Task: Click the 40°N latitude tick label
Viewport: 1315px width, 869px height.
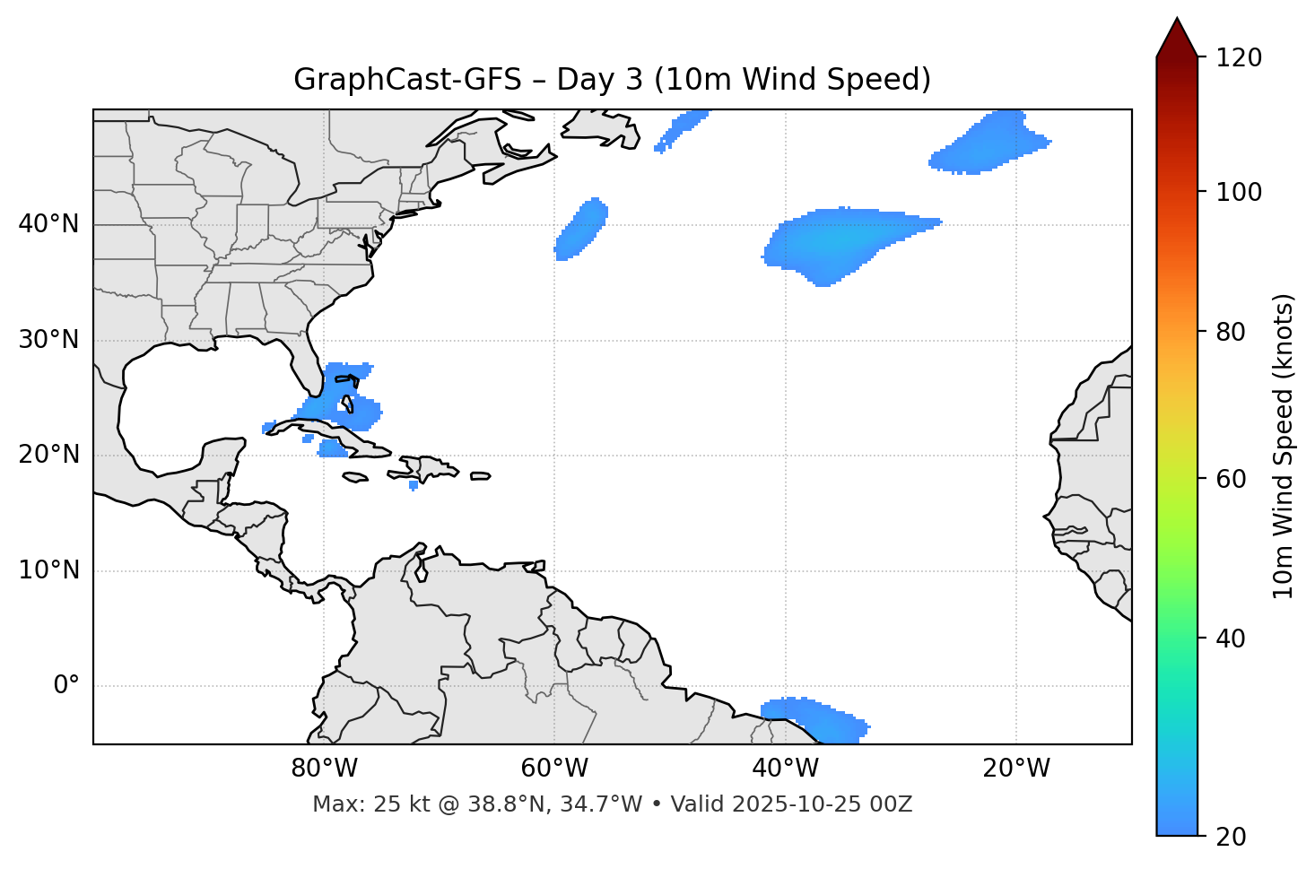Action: coord(48,224)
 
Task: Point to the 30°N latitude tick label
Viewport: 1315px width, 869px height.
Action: coord(48,340)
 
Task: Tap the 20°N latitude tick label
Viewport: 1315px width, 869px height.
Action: coord(48,455)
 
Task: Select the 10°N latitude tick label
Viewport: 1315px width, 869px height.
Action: coord(48,570)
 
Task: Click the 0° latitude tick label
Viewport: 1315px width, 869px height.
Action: coord(66,686)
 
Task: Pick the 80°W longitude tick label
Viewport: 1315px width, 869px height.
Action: coord(324,769)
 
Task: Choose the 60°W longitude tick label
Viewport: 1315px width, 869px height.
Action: coord(554,769)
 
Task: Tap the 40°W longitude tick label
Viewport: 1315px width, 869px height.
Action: coord(785,769)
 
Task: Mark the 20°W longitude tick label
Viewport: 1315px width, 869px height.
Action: coord(1016,769)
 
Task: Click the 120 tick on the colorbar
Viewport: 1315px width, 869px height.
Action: coord(1237,58)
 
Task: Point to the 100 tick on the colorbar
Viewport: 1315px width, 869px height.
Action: coord(1237,192)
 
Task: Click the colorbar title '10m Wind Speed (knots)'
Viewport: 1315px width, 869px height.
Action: coord(1284,447)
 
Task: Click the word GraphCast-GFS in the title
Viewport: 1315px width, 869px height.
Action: coord(407,80)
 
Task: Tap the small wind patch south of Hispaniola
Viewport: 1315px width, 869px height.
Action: coord(414,485)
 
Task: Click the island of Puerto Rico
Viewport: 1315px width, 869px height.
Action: coord(481,476)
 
